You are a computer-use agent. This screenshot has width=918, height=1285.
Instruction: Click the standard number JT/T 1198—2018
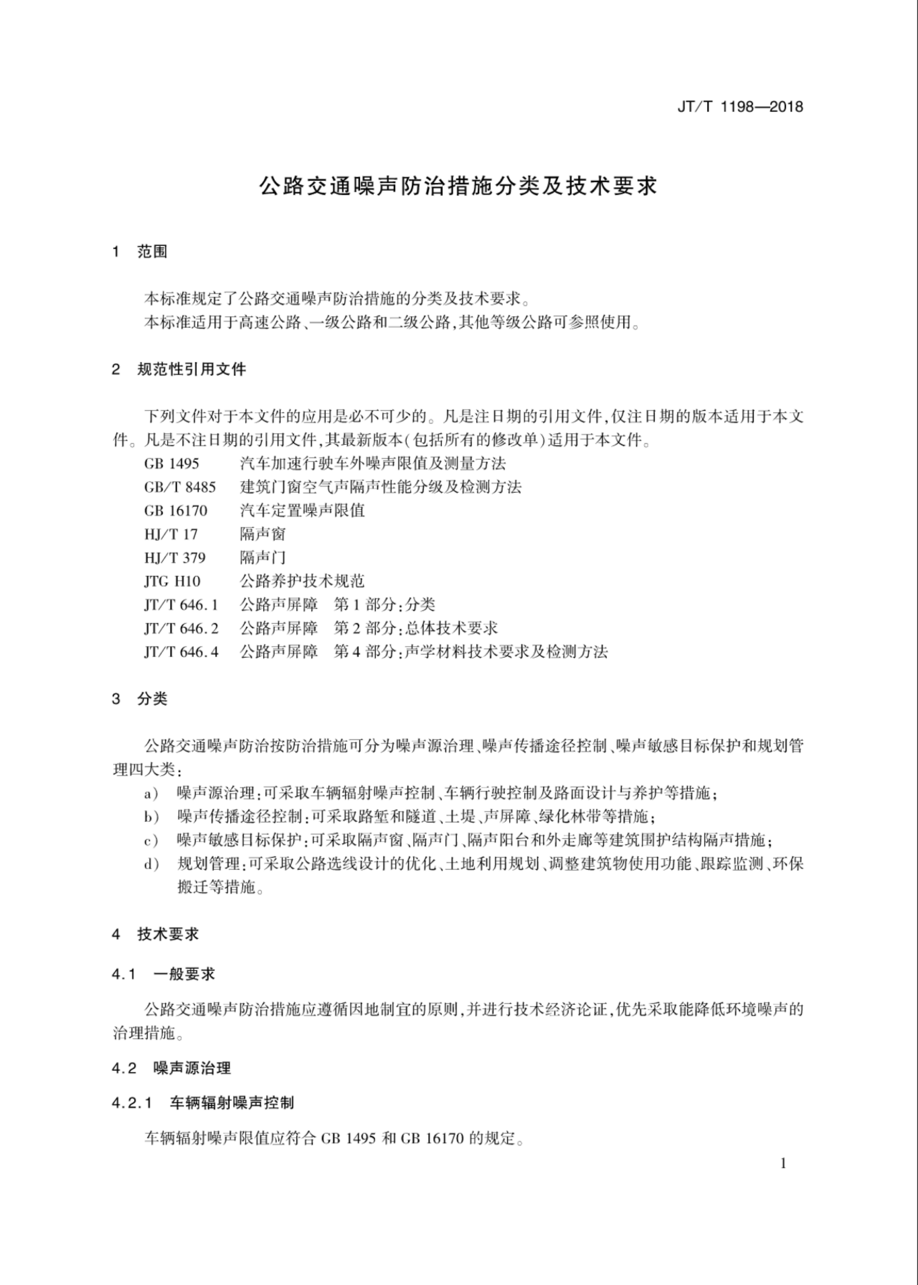point(740,107)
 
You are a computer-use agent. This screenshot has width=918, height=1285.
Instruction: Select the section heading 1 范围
point(140,252)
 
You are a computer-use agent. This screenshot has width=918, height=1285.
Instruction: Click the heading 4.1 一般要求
point(164,975)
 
